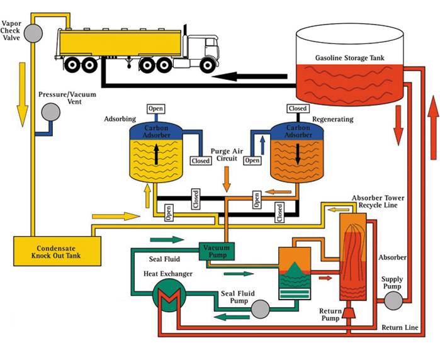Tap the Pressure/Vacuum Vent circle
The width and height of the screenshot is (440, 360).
(x=50, y=113)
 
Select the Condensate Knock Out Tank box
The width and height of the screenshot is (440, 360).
(x=57, y=250)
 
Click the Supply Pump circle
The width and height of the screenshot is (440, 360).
(x=393, y=300)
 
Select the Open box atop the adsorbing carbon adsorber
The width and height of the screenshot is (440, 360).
(x=155, y=108)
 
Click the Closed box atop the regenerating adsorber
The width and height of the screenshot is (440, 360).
(x=297, y=108)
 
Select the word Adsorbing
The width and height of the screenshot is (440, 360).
(x=120, y=119)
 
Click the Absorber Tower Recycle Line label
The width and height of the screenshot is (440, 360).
(x=386, y=201)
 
